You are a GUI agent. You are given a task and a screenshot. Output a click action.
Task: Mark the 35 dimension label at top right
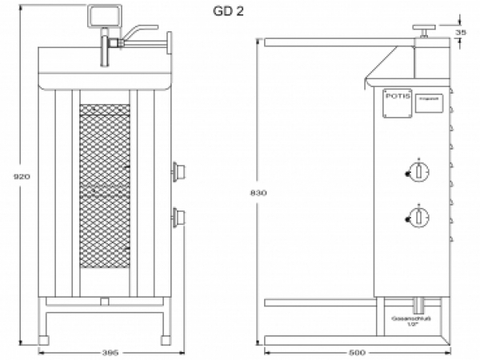pos(461,32)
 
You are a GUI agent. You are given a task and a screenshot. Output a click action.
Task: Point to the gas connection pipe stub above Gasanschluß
pos(417,305)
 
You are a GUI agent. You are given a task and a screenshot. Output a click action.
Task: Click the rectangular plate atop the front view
pos(103,14)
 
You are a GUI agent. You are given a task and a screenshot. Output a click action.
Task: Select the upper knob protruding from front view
pos(179,170)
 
